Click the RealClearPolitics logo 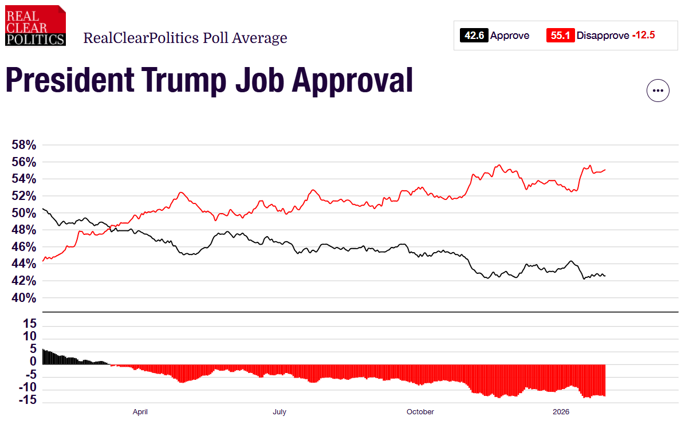click(x=36, y=25)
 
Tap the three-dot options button click(x=658, y=91)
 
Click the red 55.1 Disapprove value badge click(x=560, y=36)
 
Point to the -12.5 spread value click(x=643, y=36)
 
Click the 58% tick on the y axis click(x=24, y=146)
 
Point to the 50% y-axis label click(x=24, y=213)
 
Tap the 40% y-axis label click(x=24, y=298)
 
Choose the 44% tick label click(x=24, y=264)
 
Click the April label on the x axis click(x=140, y=412)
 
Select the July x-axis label click(x=279, y=412)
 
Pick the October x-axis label click(x=420, y=412)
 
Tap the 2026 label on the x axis click(x=561, y=412)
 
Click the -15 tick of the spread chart click(x=29, y=400)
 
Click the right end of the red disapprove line click(x=605, y=170)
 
